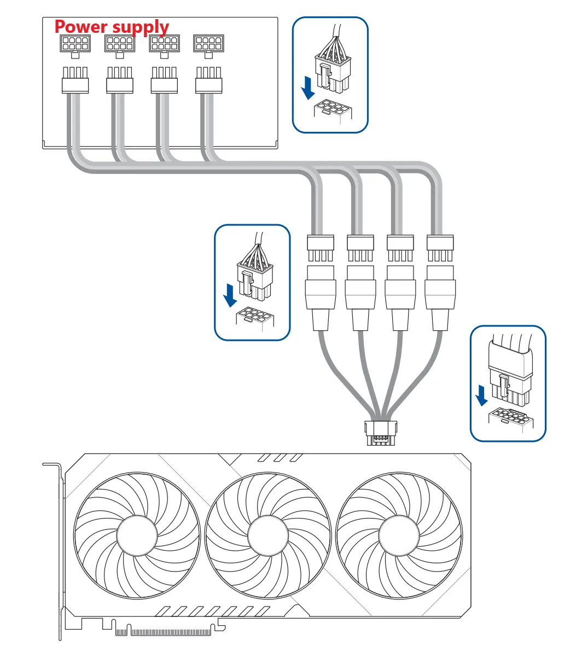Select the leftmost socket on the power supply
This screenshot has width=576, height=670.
click(74, 44)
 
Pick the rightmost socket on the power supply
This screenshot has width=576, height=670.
click(208, 44)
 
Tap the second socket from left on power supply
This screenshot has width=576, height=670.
click(119, 44)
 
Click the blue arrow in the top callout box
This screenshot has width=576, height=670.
click(309, 88)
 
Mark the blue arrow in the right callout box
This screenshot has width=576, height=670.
click(482, 395)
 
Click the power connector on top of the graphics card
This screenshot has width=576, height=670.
click(379, 433)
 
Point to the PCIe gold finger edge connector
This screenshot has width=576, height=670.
click(164, 632)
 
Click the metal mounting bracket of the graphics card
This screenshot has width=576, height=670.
click(59, 547)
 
